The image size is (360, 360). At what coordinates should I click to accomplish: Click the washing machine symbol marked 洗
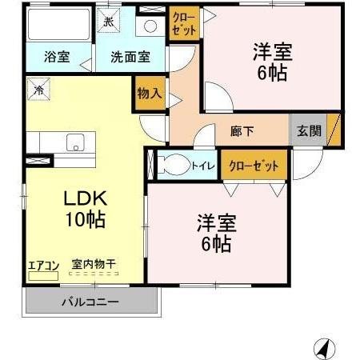click(x=108, y=22)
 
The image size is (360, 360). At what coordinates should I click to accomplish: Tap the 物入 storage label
click(x=150, y=93)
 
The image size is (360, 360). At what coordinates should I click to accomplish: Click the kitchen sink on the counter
click(x=74, y=145)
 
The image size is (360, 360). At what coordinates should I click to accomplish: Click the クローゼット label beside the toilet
click(x=254, y=166)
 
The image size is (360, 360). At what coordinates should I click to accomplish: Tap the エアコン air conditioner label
click(x=42, y=265)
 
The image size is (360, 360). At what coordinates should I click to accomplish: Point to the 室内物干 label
click(x=92, y=263)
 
